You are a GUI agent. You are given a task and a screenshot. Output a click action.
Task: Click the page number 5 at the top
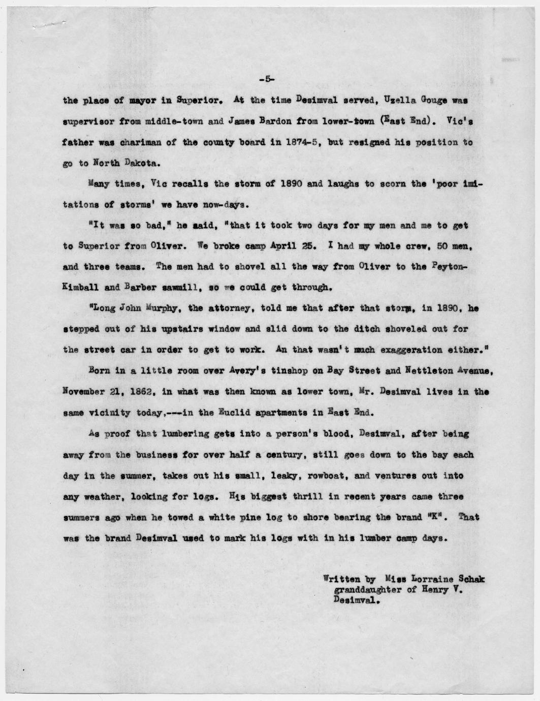pyautogui.click(x=267, y=79)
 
